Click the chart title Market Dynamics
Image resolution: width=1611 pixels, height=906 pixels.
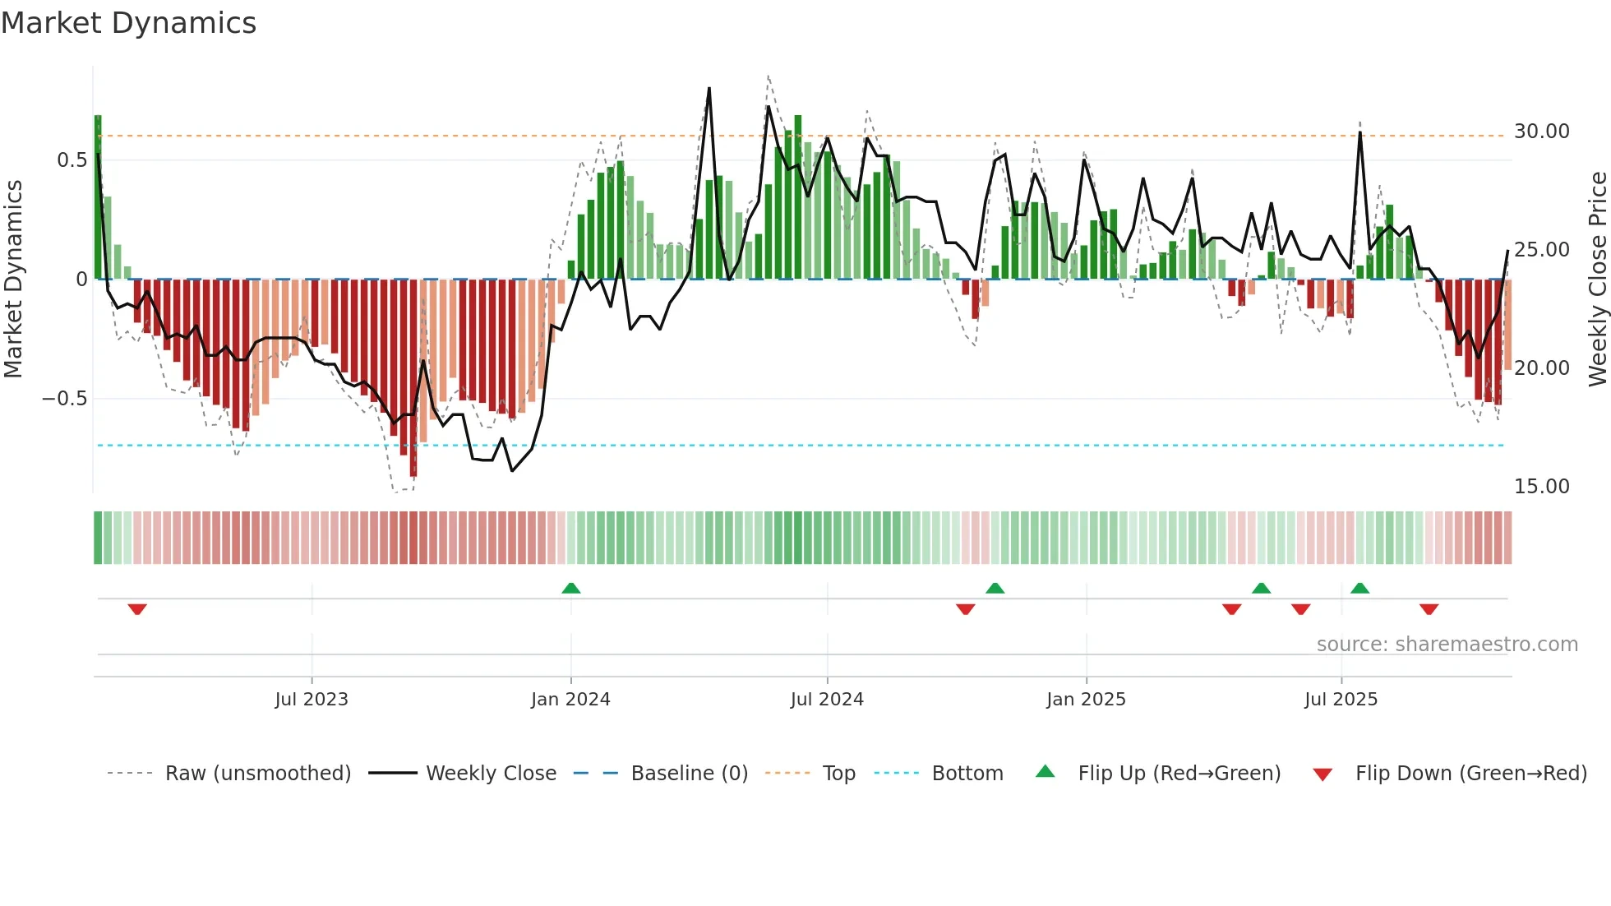128,23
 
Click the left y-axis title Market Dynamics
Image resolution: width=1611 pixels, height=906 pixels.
13,279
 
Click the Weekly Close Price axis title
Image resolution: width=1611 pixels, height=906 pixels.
1597,279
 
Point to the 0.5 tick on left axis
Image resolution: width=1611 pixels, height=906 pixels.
72,160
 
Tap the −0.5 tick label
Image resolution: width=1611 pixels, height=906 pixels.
64,399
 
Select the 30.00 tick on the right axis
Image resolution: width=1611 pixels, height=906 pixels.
1541,132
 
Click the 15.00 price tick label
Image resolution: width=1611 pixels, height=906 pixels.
1541,487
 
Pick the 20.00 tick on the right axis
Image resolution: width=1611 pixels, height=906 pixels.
1541,368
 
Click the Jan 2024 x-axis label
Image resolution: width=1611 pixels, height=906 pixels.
570,700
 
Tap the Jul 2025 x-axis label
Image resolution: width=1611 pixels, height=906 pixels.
1341,700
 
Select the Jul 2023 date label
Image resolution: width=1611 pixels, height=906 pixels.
312,700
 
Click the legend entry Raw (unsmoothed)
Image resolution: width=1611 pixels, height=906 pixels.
257,774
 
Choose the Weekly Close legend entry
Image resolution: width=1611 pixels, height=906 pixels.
491,774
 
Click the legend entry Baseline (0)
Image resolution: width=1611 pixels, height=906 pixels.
689,774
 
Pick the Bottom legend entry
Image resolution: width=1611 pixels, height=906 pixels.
967,774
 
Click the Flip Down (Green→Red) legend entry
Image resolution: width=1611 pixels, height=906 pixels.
1470,774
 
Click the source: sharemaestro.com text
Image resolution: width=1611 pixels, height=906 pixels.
1447,645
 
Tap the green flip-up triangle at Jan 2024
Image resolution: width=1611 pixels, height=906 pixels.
571,588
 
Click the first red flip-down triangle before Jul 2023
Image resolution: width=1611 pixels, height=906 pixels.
137,609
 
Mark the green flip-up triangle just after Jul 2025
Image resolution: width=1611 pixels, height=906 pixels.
1359,588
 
